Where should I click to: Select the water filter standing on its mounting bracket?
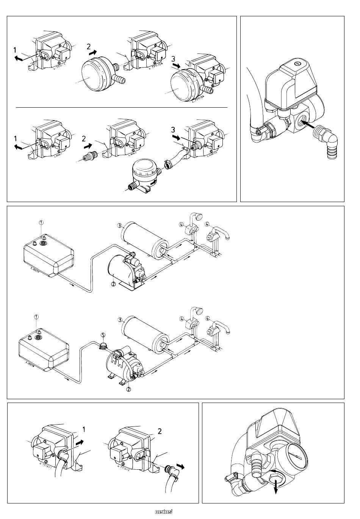point(145,175)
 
